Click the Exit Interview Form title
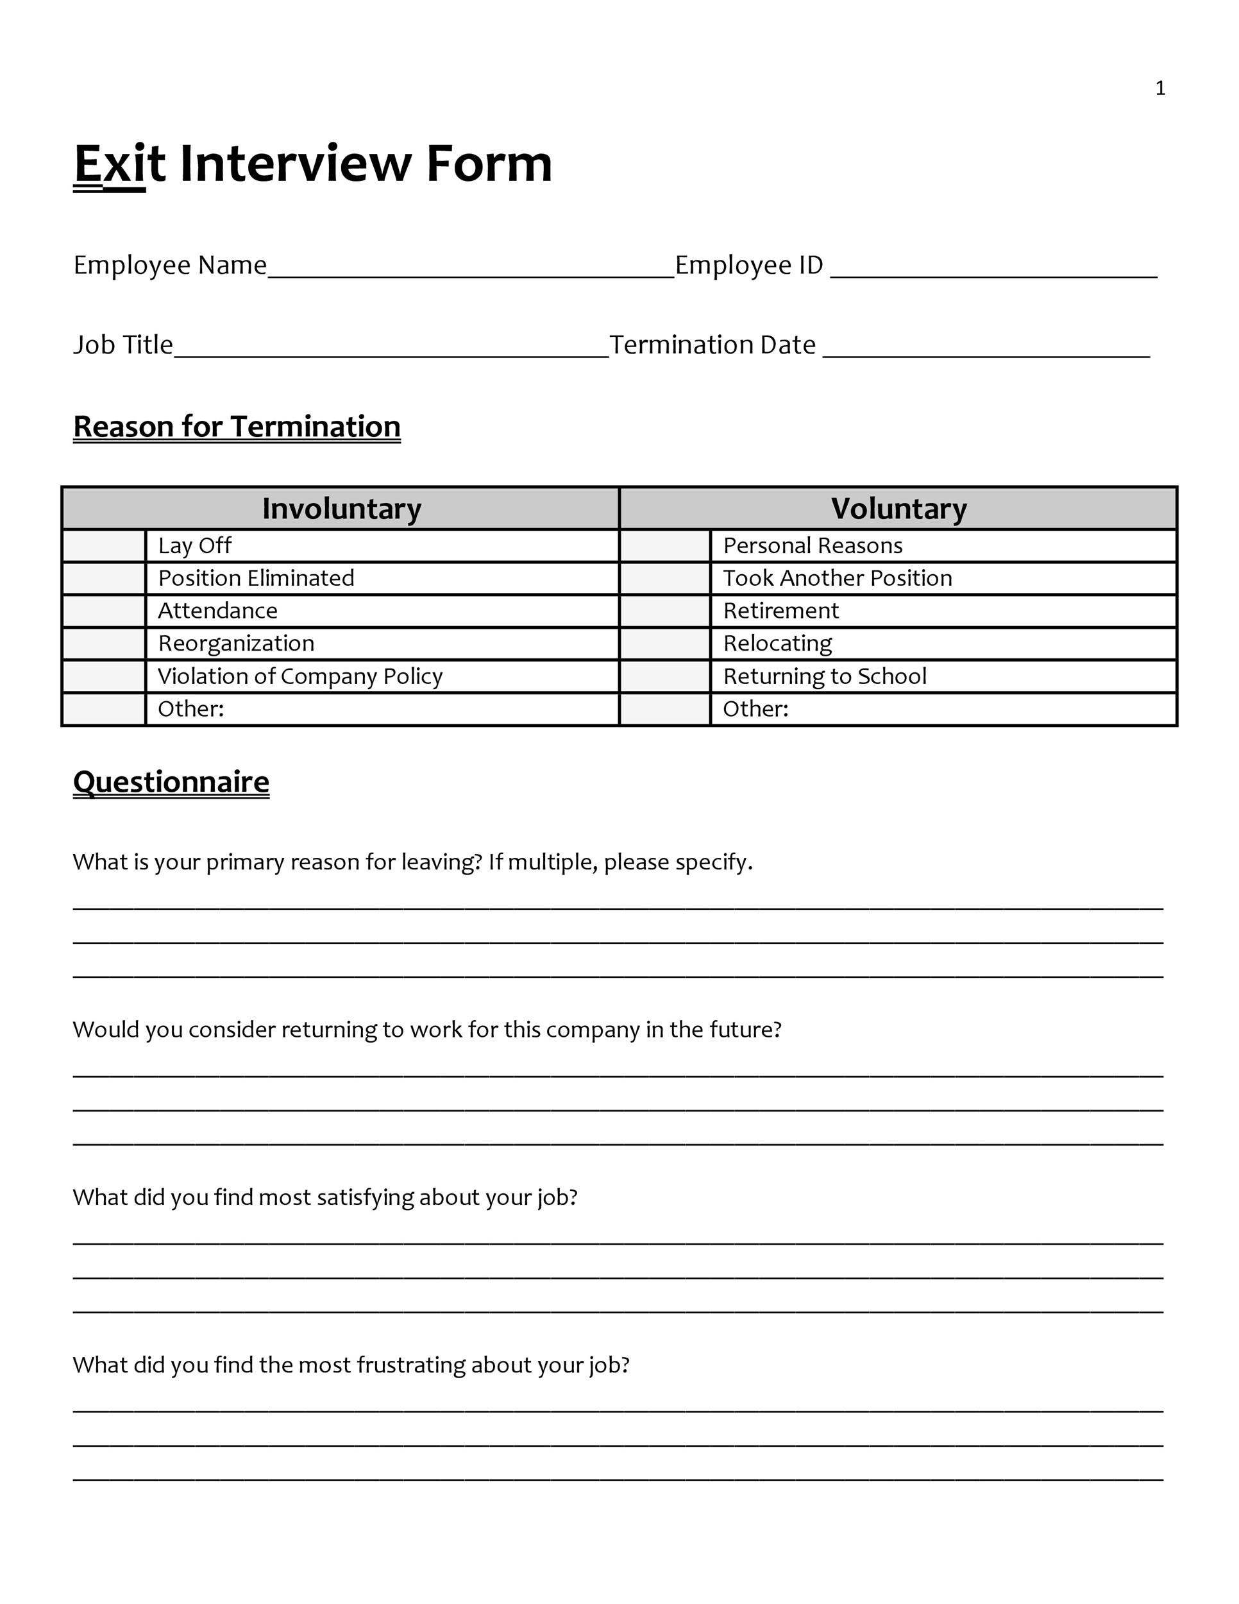click(x=313, y=163)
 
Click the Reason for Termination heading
click(x=237, y=427)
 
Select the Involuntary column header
click(x=341, y=508)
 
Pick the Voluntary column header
click(x=898, y=508)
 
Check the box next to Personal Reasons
click(x=665, y=546)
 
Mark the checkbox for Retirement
click(x=665, y=611)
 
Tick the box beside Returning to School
click(x=665, y=676)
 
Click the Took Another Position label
click(x=838, y=579)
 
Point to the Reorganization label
click(x=237, y=644)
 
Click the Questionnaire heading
click(x=171, y=782)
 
